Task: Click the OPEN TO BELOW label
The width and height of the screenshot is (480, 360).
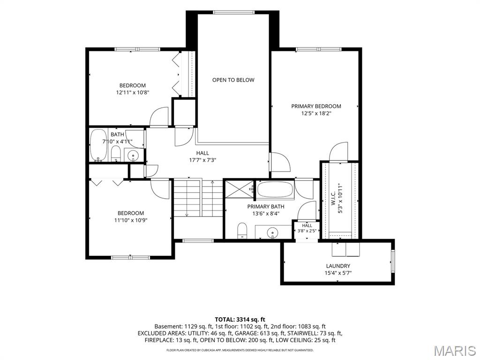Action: [x=233, y=80]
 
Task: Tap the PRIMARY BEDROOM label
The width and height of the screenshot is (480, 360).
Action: [x=316, y=106]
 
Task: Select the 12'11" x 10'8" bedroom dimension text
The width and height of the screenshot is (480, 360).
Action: [x=133, y=92]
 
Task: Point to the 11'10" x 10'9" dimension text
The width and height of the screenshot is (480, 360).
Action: [x=131, y=220]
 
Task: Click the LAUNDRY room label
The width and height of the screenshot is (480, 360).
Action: [x=338, y=266]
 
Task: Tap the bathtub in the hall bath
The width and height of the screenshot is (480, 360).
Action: [x=98, y=145]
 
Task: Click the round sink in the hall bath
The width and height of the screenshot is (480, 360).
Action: [x=133, y=155]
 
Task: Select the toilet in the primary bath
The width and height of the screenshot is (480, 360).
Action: [x=242, y=231]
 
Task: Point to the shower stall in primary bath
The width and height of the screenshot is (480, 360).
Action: [x=240, y=189]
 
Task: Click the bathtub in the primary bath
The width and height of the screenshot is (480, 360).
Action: [x=275, y=190]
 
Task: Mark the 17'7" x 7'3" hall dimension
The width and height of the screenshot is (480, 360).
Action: [x=202, y=159]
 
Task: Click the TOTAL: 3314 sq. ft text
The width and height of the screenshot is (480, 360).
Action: [x=240, y=320]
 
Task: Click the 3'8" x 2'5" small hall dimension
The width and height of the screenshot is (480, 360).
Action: [x=307, y=231]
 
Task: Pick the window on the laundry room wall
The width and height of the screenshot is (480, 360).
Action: [x=393, y=261]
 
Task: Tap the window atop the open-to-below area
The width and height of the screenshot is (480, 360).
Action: [x=233, y=12]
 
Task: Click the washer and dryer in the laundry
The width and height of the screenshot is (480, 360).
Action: [x=346, y=250]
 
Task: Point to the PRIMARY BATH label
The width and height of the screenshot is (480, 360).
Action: [x=266, y=207]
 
